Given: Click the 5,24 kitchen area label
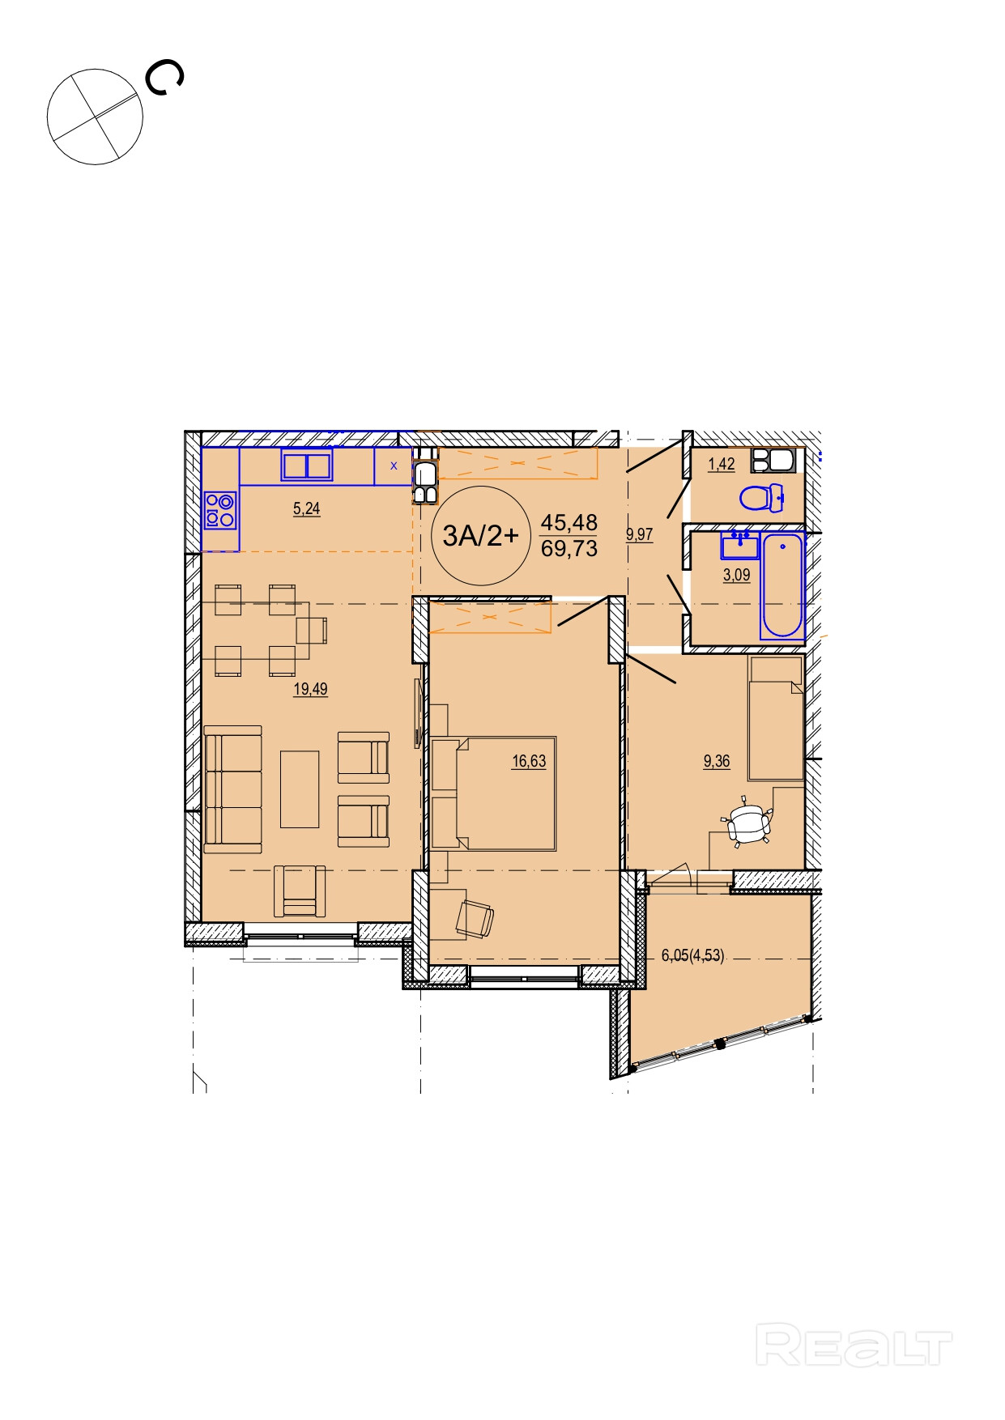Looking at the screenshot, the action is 306,509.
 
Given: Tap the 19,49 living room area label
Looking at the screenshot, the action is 310,690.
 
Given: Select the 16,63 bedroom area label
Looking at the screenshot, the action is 529,762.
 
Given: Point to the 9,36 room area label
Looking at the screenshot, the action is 717,762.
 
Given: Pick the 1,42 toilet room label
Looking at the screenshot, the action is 722,465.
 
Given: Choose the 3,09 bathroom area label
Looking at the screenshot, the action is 736,576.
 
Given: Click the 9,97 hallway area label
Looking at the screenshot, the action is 639,535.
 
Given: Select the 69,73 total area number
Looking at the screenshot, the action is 569,549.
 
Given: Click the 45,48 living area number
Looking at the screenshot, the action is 569,523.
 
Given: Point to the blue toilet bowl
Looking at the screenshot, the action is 761,497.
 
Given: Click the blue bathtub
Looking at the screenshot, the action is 781,585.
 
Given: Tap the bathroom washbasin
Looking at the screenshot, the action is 740,545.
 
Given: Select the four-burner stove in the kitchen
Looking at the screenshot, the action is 220,510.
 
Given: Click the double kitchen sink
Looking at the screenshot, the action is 307,466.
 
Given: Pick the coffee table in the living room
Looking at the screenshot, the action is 300,789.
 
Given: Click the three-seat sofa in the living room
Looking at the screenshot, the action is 233,789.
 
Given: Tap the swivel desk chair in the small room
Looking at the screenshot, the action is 747,823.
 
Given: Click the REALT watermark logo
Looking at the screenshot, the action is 854,1345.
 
